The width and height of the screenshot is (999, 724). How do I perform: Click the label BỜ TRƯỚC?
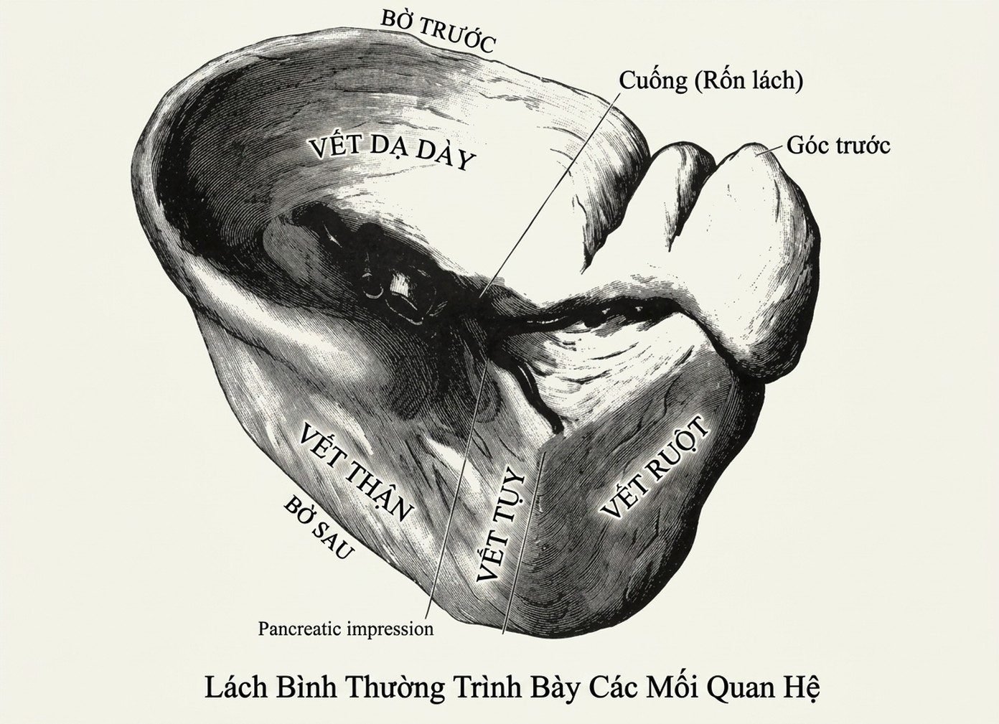438,30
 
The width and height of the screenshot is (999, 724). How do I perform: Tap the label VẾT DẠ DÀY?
392,152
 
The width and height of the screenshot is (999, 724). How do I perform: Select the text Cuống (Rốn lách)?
711,81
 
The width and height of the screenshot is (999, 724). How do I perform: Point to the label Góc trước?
838,146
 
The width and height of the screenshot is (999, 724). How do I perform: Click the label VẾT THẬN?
356,472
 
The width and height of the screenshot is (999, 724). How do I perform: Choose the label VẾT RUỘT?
655,468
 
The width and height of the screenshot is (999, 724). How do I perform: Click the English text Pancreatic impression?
346,629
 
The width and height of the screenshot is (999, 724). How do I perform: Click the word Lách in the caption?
236,687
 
